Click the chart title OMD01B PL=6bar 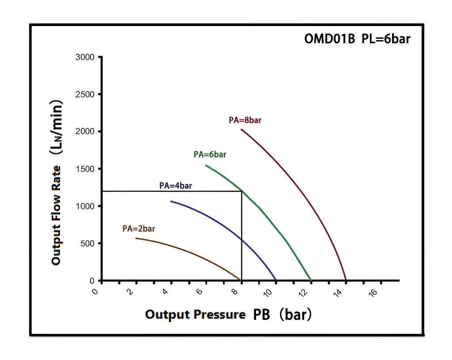[357, 39]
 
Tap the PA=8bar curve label [245, 120]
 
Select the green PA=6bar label [210, 154]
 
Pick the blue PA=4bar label [175, 186]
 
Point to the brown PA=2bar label [139, 229]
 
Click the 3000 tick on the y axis [86, 57]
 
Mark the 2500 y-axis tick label [86, 94]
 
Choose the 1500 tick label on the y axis [86, 169]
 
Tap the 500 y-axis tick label [88, 244]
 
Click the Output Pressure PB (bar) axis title [228, 315]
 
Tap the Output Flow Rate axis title [56, 183]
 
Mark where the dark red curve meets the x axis [346, 280]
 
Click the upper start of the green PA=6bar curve [206, 165]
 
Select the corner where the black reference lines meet [241, 191]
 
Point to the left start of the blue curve [171, 201]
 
